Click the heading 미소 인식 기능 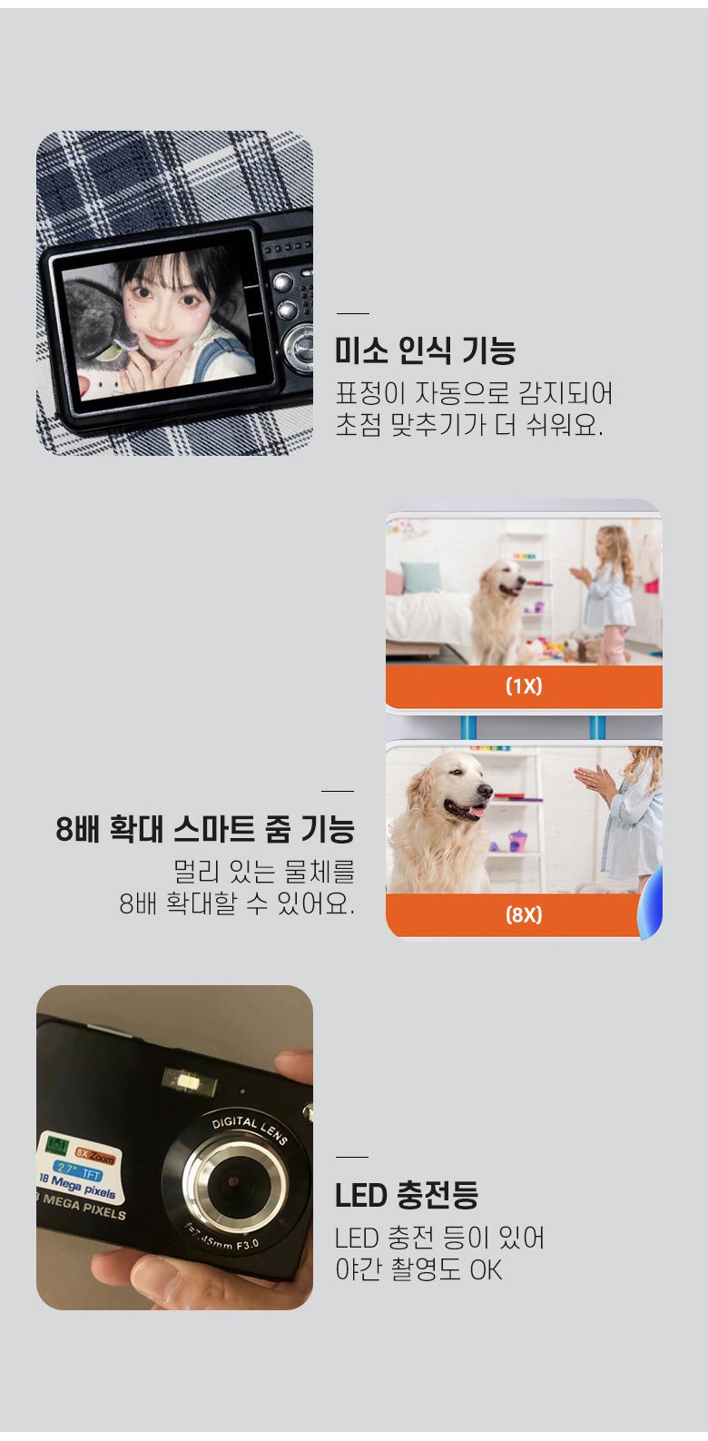tap(425, 350)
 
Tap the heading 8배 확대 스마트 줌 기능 tap(205, 829)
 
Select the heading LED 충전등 tap(407, 1195)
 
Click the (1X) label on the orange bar tap(524, 686)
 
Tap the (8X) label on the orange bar tap(524, 914)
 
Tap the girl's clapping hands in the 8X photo tap(595, 780)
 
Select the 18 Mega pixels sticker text tap(77, 1185)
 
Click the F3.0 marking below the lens tap(247, 1244)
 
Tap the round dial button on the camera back tap(298, 347)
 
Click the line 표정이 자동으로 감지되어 tap(474, 392)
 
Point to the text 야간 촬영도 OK tap(418, 1269)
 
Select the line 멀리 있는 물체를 tap(264, 872)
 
